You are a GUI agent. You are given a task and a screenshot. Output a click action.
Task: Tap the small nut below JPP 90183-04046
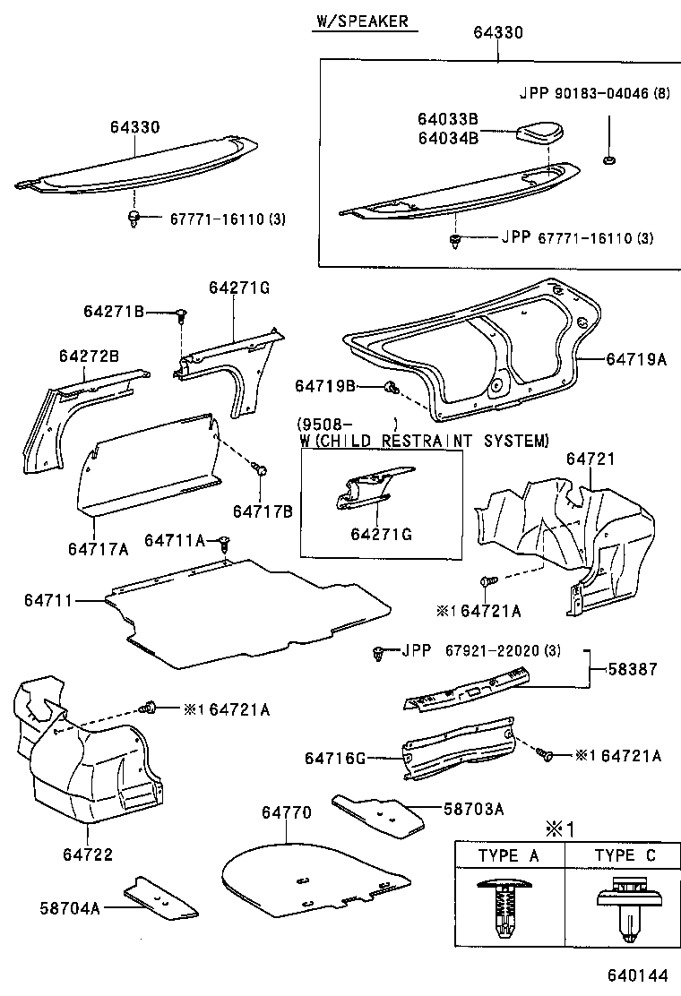pos(607,161)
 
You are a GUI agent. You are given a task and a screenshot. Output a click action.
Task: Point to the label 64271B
pos(114,311)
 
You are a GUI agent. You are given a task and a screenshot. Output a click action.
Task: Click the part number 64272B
pos(89,356)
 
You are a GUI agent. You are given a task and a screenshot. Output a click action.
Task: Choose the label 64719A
pos(636,358)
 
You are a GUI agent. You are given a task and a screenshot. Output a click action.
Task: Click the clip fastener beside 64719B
pos(392,387)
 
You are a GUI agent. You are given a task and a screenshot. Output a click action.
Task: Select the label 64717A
pos(97,547)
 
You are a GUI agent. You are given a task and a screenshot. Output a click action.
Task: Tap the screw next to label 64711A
pos(225,542)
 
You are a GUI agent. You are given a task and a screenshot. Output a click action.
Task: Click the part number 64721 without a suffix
pos(590,459)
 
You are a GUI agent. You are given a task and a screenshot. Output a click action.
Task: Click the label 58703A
pos(473,809)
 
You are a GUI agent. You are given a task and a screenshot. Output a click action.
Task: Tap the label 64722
pos(88,854)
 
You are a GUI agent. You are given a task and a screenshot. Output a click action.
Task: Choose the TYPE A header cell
pos(509,855)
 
